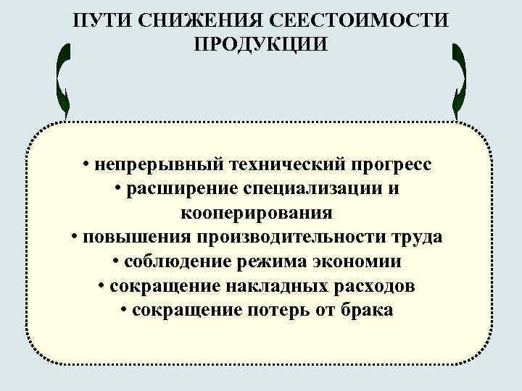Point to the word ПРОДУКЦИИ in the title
point(261,44)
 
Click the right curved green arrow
point(458,80)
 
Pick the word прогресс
point(392,164)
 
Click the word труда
point(418,238)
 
